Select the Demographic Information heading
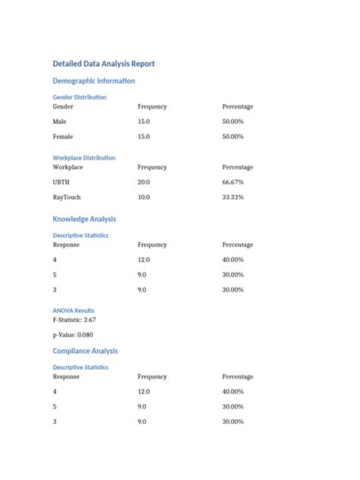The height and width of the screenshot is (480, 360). (93, 81)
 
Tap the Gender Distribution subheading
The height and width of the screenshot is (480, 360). (79, 97)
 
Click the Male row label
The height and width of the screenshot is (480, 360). (60, 122)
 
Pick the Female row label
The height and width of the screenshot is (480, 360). (63, 137)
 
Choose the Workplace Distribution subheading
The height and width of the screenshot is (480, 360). (84, 158)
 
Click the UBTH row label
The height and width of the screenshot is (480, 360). (61, 182)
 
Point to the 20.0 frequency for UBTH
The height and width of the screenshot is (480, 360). (144, 182)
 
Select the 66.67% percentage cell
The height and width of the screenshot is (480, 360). (232, 182)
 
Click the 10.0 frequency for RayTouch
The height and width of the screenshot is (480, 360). (144, 197)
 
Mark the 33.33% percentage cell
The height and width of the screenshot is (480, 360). (232, 197)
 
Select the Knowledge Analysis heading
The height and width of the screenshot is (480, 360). (84, 219)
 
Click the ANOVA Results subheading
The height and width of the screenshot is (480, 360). (73, 311)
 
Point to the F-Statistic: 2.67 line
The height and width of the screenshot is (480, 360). (79, 320)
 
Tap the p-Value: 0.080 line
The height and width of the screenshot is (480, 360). (73, 335)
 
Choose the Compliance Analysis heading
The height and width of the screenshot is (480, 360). (85, 351)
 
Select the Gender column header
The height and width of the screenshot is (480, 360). (63, 107)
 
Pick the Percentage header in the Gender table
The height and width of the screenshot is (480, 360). (238, 107)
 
